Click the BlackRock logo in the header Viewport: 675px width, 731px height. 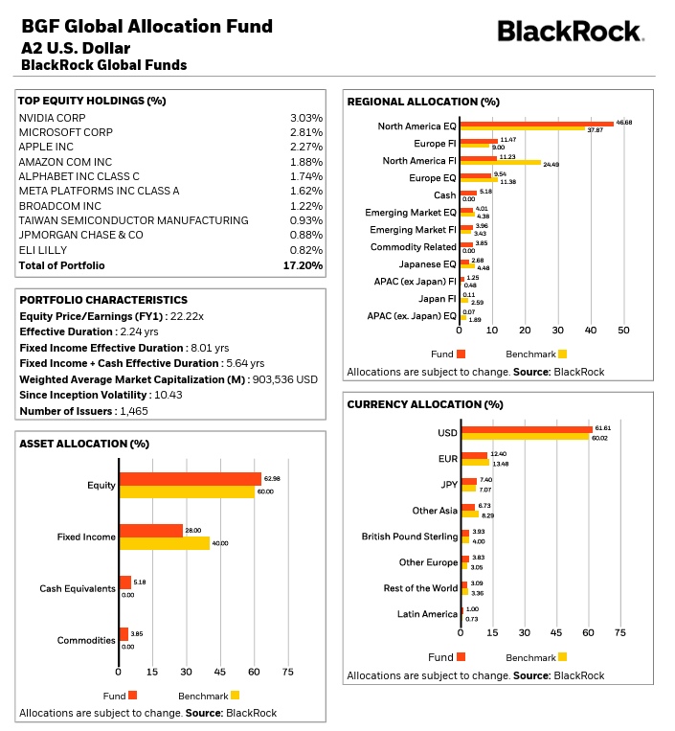[x=570, y=32]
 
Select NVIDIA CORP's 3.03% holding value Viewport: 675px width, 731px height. [x=306, y=118]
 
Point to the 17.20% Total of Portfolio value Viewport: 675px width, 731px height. [x=304, y=265]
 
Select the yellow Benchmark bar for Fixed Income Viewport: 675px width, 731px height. [x=165, y=543]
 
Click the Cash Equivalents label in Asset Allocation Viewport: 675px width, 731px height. [x=78, y=588]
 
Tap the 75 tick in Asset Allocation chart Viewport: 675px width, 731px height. [x=287, y=672]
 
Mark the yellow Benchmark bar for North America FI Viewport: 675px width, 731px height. [x=500, y=164]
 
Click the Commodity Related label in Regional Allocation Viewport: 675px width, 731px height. [x=414, y=247]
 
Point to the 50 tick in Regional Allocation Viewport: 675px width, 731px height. [x=622, y=331]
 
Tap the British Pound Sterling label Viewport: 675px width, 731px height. [x=410, y=537]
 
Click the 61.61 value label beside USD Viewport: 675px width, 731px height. [x=602, y=428]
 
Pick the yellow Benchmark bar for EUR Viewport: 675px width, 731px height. [x=476, y=464]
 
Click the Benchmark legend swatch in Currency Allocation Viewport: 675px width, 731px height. [x=562, y=657]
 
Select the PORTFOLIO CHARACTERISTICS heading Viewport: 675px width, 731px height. [x=103, y=300]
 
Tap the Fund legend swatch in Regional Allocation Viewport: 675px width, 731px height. [x=461, y=354]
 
